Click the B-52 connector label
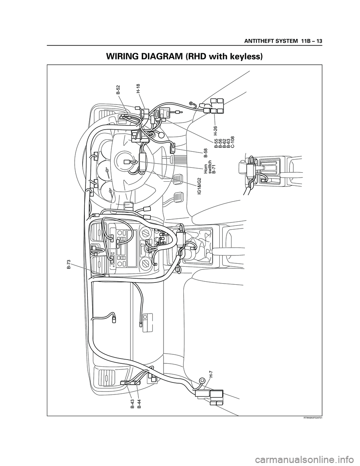point(118,90)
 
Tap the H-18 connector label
point(138,88)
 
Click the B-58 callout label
point(205,152)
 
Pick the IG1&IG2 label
point(199,186)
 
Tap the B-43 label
point(133,404)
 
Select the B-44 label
point(139,404)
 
